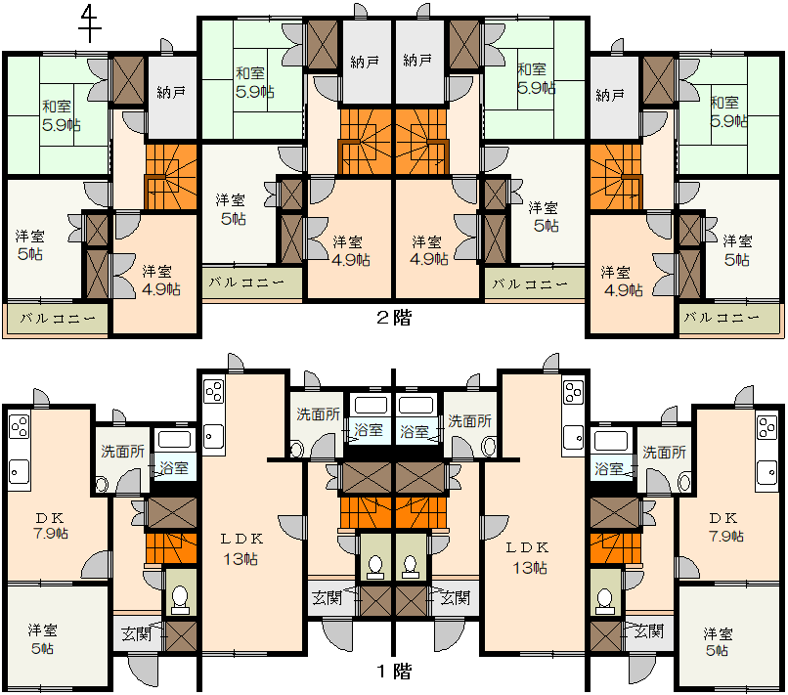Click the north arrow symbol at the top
point(89,23)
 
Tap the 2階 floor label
point(394,318)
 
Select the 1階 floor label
point(394,672)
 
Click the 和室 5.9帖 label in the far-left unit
point(61,115)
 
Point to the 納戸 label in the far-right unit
point(610,95)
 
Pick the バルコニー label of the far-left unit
point(58,319)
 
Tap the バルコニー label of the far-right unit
point(722,318)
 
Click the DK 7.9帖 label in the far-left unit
point(51,526)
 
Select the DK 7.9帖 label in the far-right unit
point(725,527)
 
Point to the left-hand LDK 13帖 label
point(241,549)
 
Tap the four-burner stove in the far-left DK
point(20,427)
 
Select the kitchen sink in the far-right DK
point(766,472)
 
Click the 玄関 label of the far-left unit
point(136,634)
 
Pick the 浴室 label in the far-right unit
point(609,469)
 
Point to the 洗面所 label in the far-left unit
point(123,452)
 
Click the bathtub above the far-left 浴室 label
point(174,440)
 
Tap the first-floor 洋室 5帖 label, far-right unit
point(718,642)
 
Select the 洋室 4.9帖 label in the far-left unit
point(160,281)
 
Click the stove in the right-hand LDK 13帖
point(574,394)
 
